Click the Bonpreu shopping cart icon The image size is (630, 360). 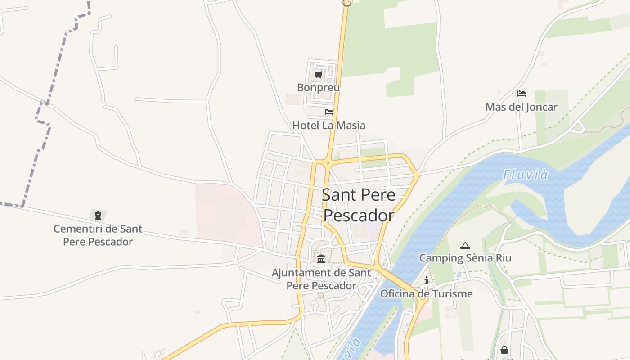click(319, 74)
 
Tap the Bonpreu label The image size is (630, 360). click(318, 87)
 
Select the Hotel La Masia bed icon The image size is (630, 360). click(329, 112)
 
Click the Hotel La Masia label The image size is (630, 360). click(328, 125)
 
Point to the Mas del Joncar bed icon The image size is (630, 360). click(521, 94)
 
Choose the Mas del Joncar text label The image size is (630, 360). click(521, 107)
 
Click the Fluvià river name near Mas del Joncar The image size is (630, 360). click(526, 174)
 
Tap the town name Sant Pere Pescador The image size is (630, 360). click(359, 205)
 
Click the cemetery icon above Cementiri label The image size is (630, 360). click(98, 216)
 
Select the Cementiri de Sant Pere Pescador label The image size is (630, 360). click(98, 235)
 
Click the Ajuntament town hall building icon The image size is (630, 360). click(321, 259)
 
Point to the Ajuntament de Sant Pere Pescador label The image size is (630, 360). click(321, 279)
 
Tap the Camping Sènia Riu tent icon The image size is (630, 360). click(465, 245)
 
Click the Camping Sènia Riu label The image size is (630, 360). click(465, 258)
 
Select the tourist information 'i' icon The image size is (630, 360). click(427, 281)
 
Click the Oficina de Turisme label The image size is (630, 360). click(426, 294)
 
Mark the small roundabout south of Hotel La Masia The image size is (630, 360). click(328, 163)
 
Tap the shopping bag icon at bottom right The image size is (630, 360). click(504, 350)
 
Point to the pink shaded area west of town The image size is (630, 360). click(225, 211)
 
